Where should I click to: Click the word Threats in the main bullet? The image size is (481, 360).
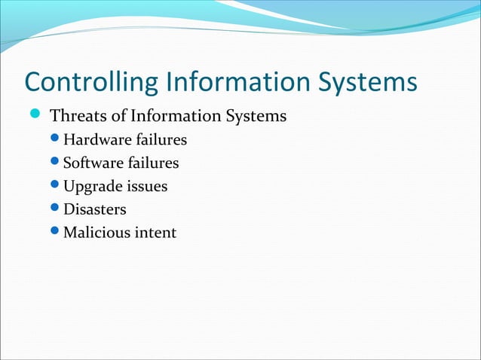78,117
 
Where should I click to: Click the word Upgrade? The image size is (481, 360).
92,186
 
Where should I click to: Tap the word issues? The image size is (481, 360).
146,186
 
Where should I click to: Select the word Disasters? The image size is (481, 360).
94,209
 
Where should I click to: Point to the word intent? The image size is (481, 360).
156,232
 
